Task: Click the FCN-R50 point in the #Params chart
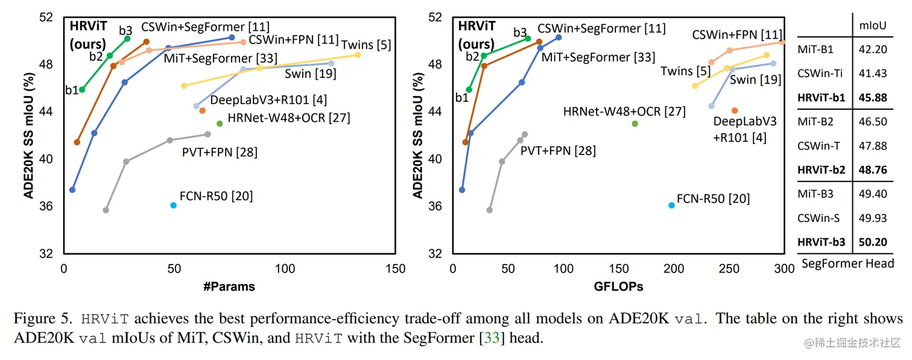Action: pos(174,206)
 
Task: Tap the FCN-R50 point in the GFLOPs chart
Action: pos(672,206)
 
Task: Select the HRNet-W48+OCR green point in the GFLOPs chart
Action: pos(635,124)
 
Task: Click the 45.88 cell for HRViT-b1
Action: pos(872,98)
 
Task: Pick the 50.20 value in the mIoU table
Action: pos(872,242)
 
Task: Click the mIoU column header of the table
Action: pos(872,26)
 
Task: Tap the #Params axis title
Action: pos(229,286)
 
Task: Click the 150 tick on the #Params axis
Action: pos(396,269)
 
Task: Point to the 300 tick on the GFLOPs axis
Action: pos(784,269)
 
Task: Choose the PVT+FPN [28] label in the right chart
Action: pos(558,150)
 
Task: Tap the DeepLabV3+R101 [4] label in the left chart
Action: pos(268,100)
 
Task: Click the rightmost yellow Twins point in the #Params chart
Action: pos(358,55)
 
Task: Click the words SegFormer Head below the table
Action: pos(847,264)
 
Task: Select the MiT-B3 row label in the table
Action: pos(815,194)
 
